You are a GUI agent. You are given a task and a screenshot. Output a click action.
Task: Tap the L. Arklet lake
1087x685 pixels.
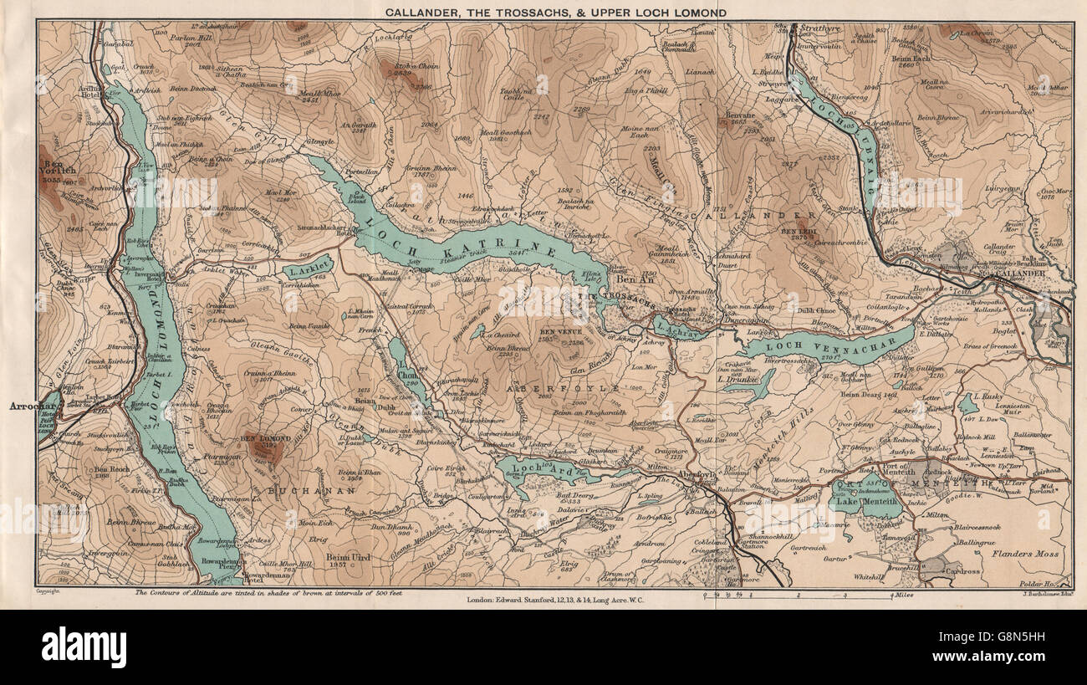(306, 269)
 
